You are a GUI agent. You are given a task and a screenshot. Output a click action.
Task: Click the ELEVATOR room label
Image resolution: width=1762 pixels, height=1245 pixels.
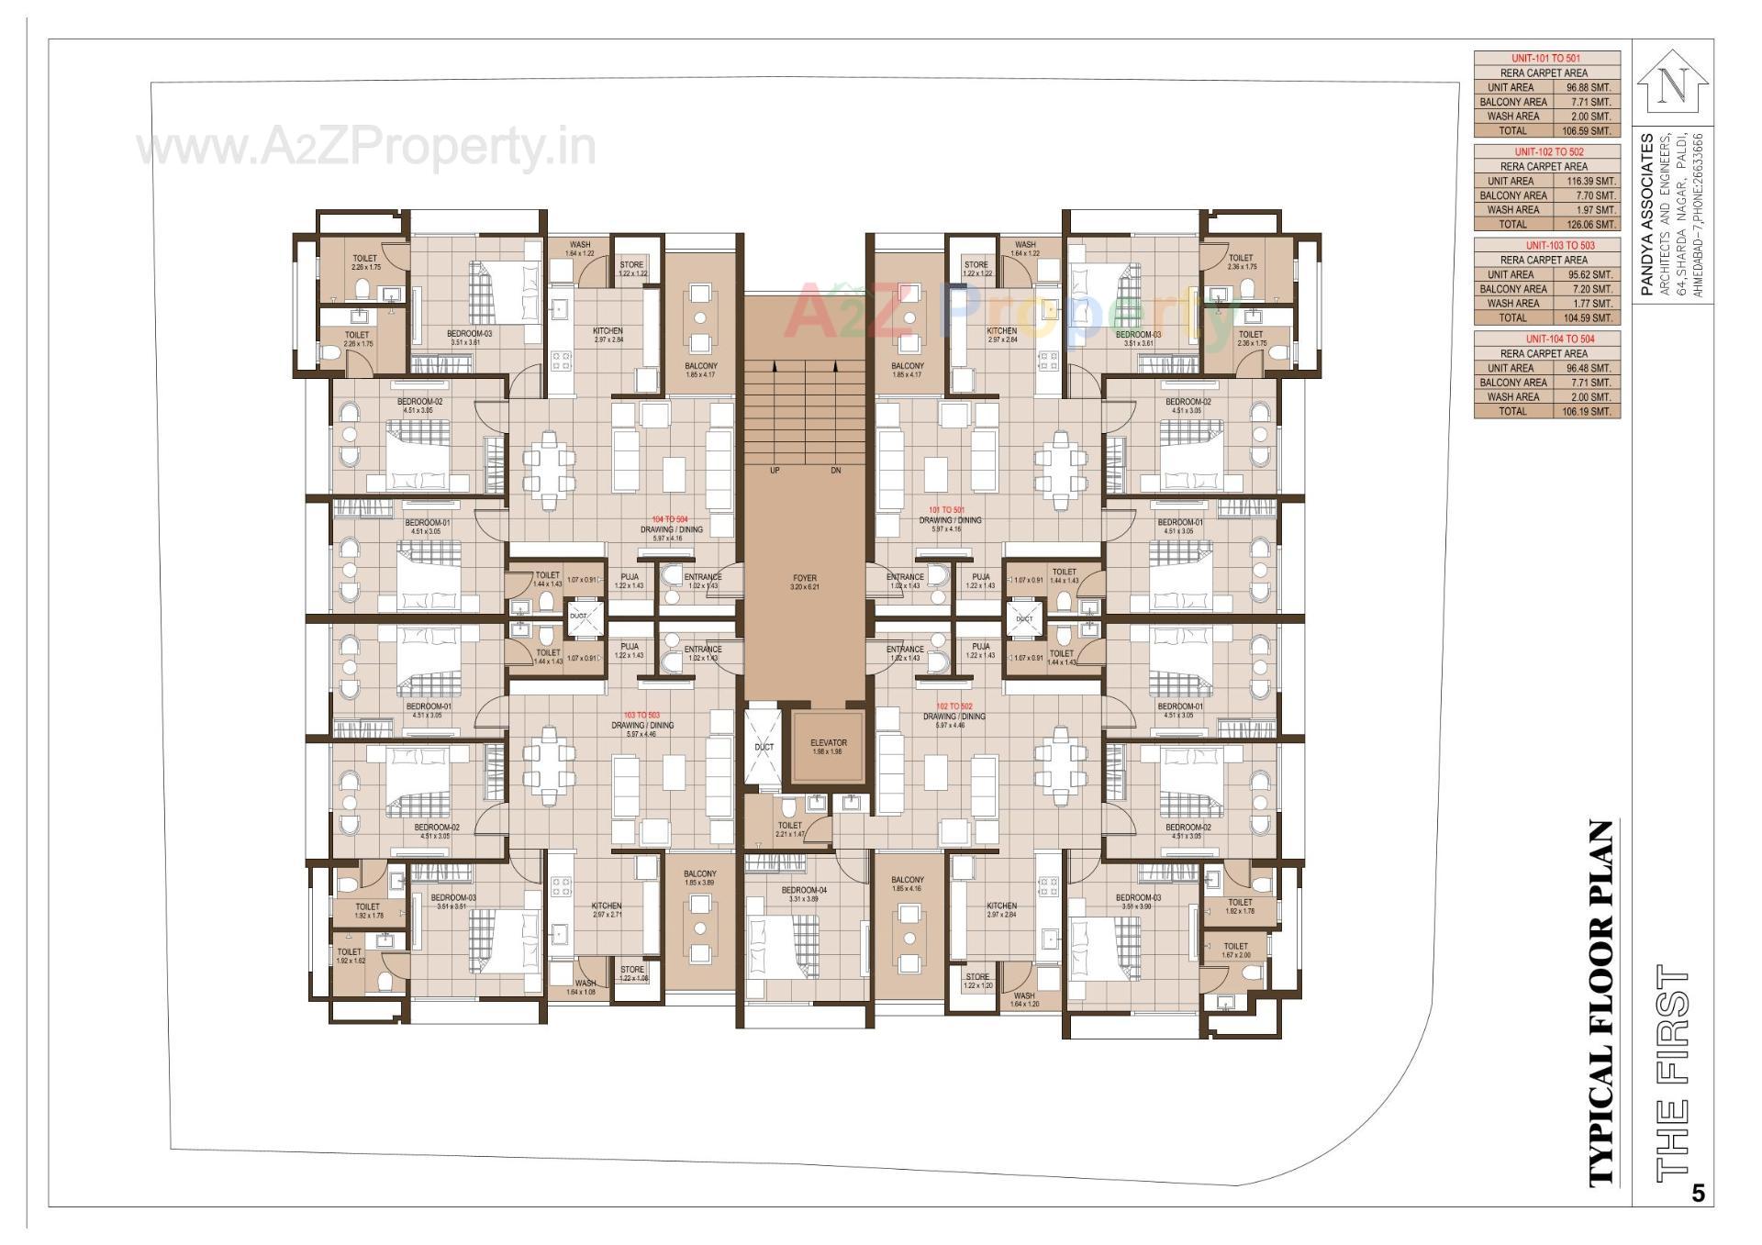click(828, 743)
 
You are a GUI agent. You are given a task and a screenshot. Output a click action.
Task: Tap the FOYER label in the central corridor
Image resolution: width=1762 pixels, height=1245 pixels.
click(804, 579)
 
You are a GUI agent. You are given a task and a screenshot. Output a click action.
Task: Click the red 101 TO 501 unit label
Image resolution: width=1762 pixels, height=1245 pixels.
click(946, 510)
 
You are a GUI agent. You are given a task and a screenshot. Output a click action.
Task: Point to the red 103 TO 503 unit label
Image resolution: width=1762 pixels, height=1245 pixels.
click(641, 715)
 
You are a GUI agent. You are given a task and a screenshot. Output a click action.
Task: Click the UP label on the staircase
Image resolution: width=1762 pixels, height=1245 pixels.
click(775, 471)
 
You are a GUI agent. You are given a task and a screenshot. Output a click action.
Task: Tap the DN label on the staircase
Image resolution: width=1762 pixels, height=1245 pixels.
click(835, 471)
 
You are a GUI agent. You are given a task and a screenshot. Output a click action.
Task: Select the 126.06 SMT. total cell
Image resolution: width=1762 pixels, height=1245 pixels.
click(1592, 224)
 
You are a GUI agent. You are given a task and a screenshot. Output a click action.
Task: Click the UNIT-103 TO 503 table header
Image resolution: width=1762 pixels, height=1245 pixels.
click(1546, 245)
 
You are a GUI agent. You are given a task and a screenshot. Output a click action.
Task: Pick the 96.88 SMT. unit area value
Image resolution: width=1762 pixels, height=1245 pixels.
click(1589, 87)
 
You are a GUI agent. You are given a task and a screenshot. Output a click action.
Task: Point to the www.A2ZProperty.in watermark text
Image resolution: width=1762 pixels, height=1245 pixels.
click(366, 147)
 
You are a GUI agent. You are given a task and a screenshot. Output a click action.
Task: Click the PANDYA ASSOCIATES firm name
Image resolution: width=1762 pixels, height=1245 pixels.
click(1648, 215)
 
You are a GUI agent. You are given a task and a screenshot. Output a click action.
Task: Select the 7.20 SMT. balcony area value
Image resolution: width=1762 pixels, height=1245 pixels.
click(1590, 289)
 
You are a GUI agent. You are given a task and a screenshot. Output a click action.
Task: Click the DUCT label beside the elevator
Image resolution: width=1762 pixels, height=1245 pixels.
click(764, 747)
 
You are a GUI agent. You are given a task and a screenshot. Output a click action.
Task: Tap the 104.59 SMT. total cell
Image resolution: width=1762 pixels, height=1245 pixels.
click(1590, 317)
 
